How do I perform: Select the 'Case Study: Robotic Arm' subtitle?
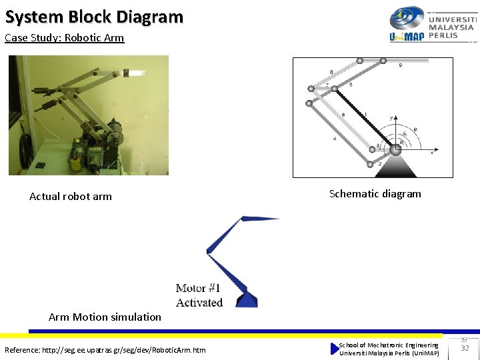[x=64, y=38]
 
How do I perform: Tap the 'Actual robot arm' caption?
[x=71, y=197]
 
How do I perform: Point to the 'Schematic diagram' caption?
[x=375, y=194]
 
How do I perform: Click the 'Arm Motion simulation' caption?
[x=105, y=317]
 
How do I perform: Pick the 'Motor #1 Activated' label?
[x=199, y=295]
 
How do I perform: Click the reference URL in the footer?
[x=105, y=350]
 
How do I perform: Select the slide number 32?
[x=465, y=348]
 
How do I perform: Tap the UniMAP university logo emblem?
[x=406, y=19]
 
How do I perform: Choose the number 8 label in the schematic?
[x=331, y=71]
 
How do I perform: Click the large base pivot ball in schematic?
[x=395, y=149]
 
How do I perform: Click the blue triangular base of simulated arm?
[x=247, y=299]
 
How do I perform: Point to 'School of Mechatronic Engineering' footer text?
[x=389, y=345]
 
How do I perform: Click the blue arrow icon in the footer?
[x=335, y=349]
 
